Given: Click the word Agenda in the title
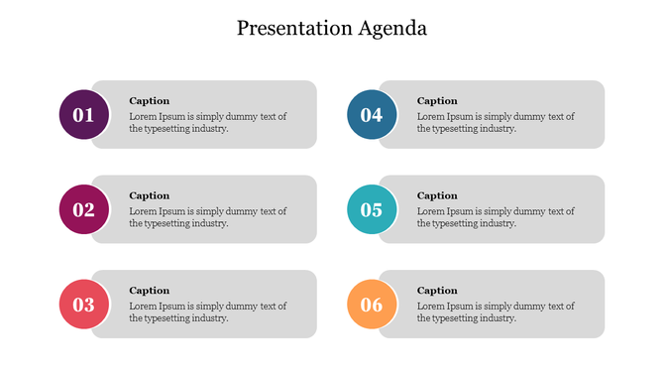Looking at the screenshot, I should [392, 29].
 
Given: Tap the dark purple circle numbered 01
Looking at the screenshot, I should [83, 115].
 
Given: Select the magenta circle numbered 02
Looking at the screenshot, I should [83, 210].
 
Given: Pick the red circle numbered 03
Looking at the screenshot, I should [83, 305].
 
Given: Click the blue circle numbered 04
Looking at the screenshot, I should [372, 115].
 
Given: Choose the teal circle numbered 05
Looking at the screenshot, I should [372, 210].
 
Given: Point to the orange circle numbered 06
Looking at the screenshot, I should [372, 305].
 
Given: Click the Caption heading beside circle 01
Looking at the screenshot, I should [150, 101].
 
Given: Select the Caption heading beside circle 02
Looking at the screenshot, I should [150, 195].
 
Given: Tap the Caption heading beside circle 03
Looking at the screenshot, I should [150, 291].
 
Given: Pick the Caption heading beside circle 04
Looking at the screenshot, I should [437, 101].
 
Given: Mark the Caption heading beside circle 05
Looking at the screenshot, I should [437, 195].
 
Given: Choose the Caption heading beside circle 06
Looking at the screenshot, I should [437, 291].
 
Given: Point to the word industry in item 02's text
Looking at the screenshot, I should [210, 223].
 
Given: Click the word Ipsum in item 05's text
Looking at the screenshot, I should [460, 211].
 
